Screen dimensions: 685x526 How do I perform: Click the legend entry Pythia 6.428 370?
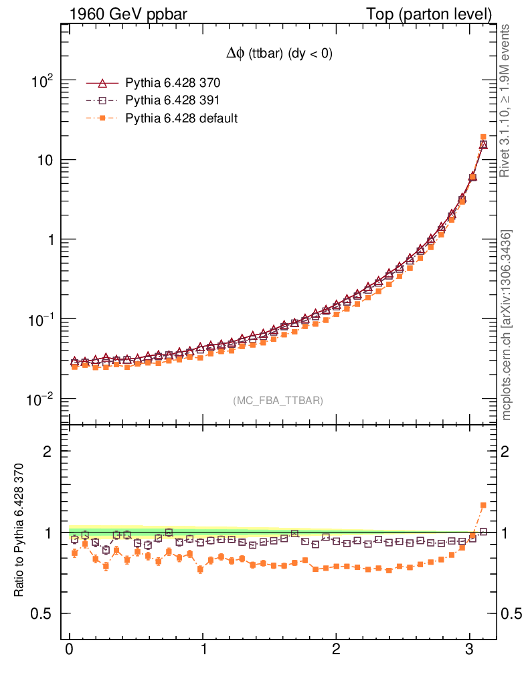click(173, 84)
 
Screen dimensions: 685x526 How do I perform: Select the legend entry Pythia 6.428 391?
click(173, 101)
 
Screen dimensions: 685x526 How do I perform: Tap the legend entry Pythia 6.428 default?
click(181, 118)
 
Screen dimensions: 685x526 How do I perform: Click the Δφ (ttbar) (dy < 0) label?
click(278, 55)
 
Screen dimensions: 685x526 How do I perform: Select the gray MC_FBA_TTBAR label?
click(278, 401)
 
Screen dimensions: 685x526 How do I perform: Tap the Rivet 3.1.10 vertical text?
click(506, 100)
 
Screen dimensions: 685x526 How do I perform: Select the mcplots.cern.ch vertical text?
click(506, 325)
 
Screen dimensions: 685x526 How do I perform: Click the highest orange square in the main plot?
click(483, 137)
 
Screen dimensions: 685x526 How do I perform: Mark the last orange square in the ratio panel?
click(483, 505)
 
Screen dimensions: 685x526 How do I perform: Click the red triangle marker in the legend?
click(102, 84)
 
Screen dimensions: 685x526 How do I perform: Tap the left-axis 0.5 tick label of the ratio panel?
click(44, 614)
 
